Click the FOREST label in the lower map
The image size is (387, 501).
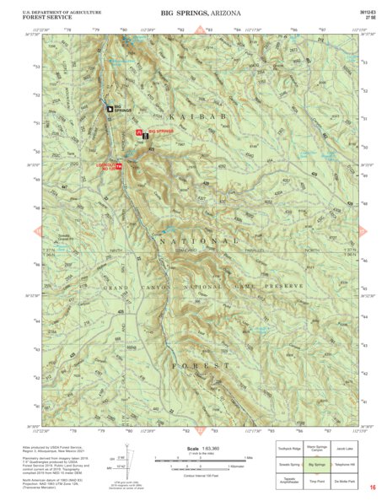pyautogui.click(x=200, y=365)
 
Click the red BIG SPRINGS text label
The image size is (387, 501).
pyautogui.click(x=159, y=132)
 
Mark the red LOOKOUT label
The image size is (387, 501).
pyautogui.click(x=107, y=166)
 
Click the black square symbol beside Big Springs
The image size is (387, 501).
pyautogui.click(x=109, y=108)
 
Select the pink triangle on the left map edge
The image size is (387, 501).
pyautogui.click(x=37, y=230)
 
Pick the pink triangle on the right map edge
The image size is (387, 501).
pyautogui.click(x=363, y=230)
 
